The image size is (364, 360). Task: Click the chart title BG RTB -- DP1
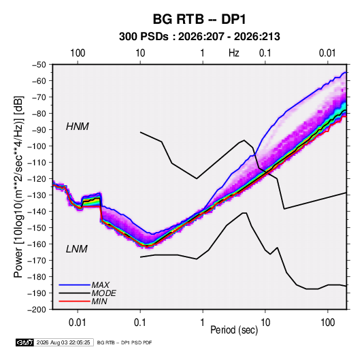pos(199,19)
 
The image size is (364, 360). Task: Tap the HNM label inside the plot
pos(78,127)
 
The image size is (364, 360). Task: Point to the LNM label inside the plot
pos(77,249)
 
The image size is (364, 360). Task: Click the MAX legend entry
pos(101,284)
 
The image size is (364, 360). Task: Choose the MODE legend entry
pos(104,293)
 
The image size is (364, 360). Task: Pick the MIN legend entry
pos(99,301)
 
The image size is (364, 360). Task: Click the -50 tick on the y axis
pos(39,65)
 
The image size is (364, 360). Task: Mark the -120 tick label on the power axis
pos(37,179)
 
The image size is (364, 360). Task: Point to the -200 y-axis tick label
pos(37,310)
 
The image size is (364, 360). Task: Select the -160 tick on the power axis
pos(37,244)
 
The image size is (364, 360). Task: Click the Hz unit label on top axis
pos(234,53)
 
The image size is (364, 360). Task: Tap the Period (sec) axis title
pos(234,329)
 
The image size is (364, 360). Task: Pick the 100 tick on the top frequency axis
pos(78,53)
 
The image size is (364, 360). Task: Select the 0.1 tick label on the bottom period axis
pos(140,323)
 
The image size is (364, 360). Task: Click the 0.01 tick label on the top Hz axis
pos(327,53)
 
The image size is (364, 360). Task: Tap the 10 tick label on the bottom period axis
pos(265,323)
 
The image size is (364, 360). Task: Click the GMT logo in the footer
pos(24,342)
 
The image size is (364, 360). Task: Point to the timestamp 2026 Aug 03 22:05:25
pos(63,342)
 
